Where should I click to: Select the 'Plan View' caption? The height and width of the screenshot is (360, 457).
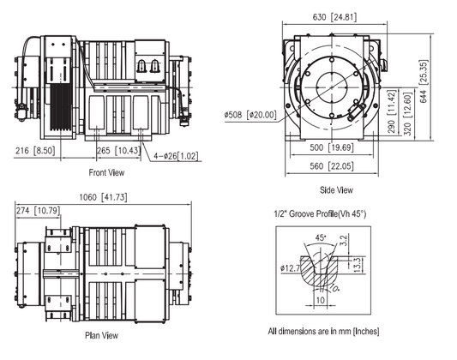(103, 337)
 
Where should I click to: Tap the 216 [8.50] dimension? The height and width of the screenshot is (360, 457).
(36, 151)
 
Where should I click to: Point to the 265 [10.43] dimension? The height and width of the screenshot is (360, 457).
(119, 151)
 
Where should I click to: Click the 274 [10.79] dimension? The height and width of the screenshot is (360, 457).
(41, 210)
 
